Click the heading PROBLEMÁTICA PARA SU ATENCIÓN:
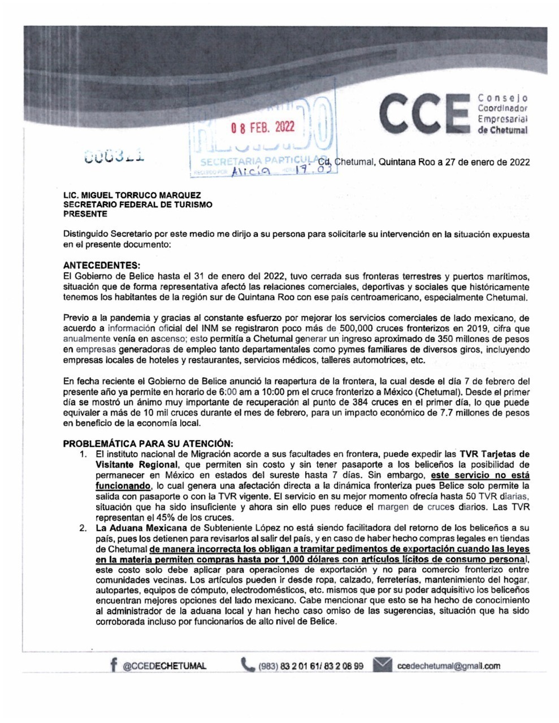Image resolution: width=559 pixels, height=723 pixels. coord(147,443)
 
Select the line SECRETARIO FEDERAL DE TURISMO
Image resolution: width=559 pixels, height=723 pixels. coord(138,205)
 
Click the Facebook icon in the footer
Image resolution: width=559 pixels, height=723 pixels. coord(115,665)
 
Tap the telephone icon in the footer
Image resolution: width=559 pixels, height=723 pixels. coord(247,665)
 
